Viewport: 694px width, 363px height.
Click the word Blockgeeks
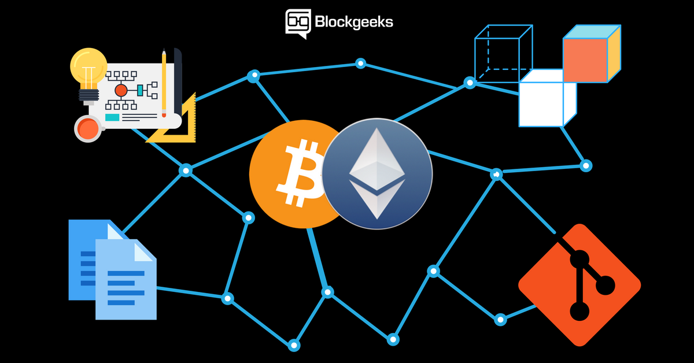(354, 22)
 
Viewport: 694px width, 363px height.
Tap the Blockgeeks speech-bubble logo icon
(298, 23)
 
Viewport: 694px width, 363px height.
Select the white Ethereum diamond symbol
(377, 173)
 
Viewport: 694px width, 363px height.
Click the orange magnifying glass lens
(88, 128)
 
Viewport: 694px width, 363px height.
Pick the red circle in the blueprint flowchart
(121, 90)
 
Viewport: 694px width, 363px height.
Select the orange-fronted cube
(592, 54)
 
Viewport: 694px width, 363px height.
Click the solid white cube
(548, 98)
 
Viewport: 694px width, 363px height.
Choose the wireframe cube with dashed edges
(504, 53)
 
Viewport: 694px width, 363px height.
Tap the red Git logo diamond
(579, 285)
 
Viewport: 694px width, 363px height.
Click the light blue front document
(126, 279)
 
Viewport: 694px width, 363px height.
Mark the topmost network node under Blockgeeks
(360, 64)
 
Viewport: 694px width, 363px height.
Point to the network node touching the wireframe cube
(470, 83)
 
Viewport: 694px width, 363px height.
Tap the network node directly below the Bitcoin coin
(327, 292)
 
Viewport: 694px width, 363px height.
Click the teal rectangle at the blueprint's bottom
(112, 117)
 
